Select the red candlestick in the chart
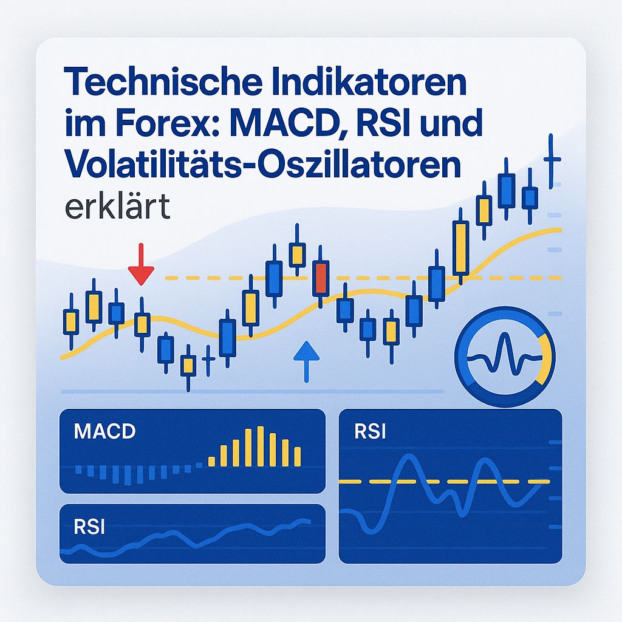pyautogui.click(x=320, y=278)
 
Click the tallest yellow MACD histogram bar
pyautogui.click(x=260, y=446)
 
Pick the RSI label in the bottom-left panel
pyautogui.click(x=89, y=527)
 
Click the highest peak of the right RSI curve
pyautogui.click(x=408, y=457)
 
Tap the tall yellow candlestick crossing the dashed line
pyautogui.click(x=460, y=248)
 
